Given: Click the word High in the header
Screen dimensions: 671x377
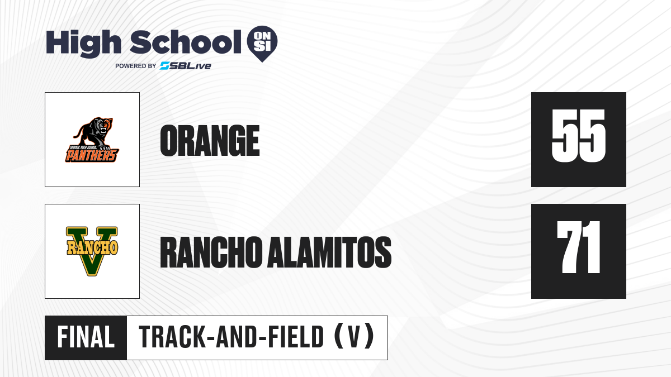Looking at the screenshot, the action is (x=83, y=44).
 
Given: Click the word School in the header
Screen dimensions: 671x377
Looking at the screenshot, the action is (x=186, y=42).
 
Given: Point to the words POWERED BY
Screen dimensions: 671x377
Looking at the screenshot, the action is (x=136, y=66).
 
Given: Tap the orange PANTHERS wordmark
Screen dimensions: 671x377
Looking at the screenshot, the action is (x=92, y=155).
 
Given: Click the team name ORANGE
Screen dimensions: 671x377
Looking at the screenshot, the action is (x=210, y=141).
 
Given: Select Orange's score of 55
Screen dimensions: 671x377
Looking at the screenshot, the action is (x=578, y=136).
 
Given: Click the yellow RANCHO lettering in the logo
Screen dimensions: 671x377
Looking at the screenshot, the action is (x=92, y=247).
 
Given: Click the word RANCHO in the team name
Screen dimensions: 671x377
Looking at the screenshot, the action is (x=211, y=252).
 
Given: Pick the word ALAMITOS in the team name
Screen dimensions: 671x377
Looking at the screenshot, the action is (x=329, y=252).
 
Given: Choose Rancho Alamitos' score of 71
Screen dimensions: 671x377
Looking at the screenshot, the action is (x=578, y=247).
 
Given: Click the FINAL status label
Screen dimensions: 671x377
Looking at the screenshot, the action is (x=86, y=337).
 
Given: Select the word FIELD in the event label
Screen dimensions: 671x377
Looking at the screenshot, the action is (x=296, y=337).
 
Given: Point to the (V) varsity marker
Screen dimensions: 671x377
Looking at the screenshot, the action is (x=354, y=337).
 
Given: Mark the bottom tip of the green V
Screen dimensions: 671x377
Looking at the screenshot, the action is (x=92, y=275).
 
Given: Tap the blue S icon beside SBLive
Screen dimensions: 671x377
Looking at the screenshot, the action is (x=165, y=66).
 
